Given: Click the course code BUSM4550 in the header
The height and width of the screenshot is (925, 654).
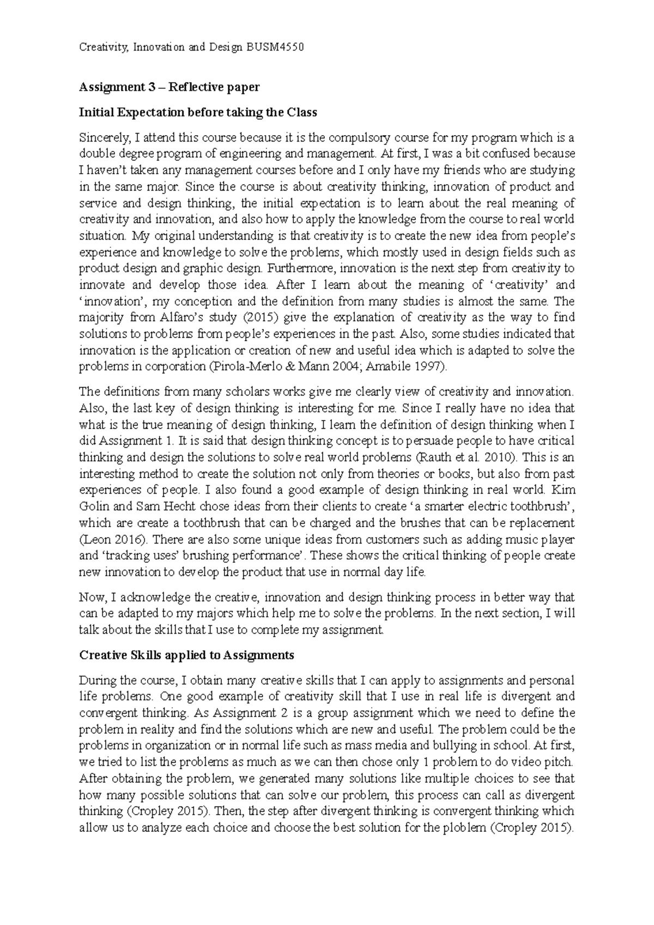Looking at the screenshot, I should [274, 47].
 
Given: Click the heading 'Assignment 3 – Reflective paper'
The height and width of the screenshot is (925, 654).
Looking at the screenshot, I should [169, 87].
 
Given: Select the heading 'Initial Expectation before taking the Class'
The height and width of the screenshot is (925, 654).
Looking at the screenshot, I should [198, 113].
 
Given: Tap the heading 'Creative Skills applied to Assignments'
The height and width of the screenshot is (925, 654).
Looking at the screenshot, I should [186, 655].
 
